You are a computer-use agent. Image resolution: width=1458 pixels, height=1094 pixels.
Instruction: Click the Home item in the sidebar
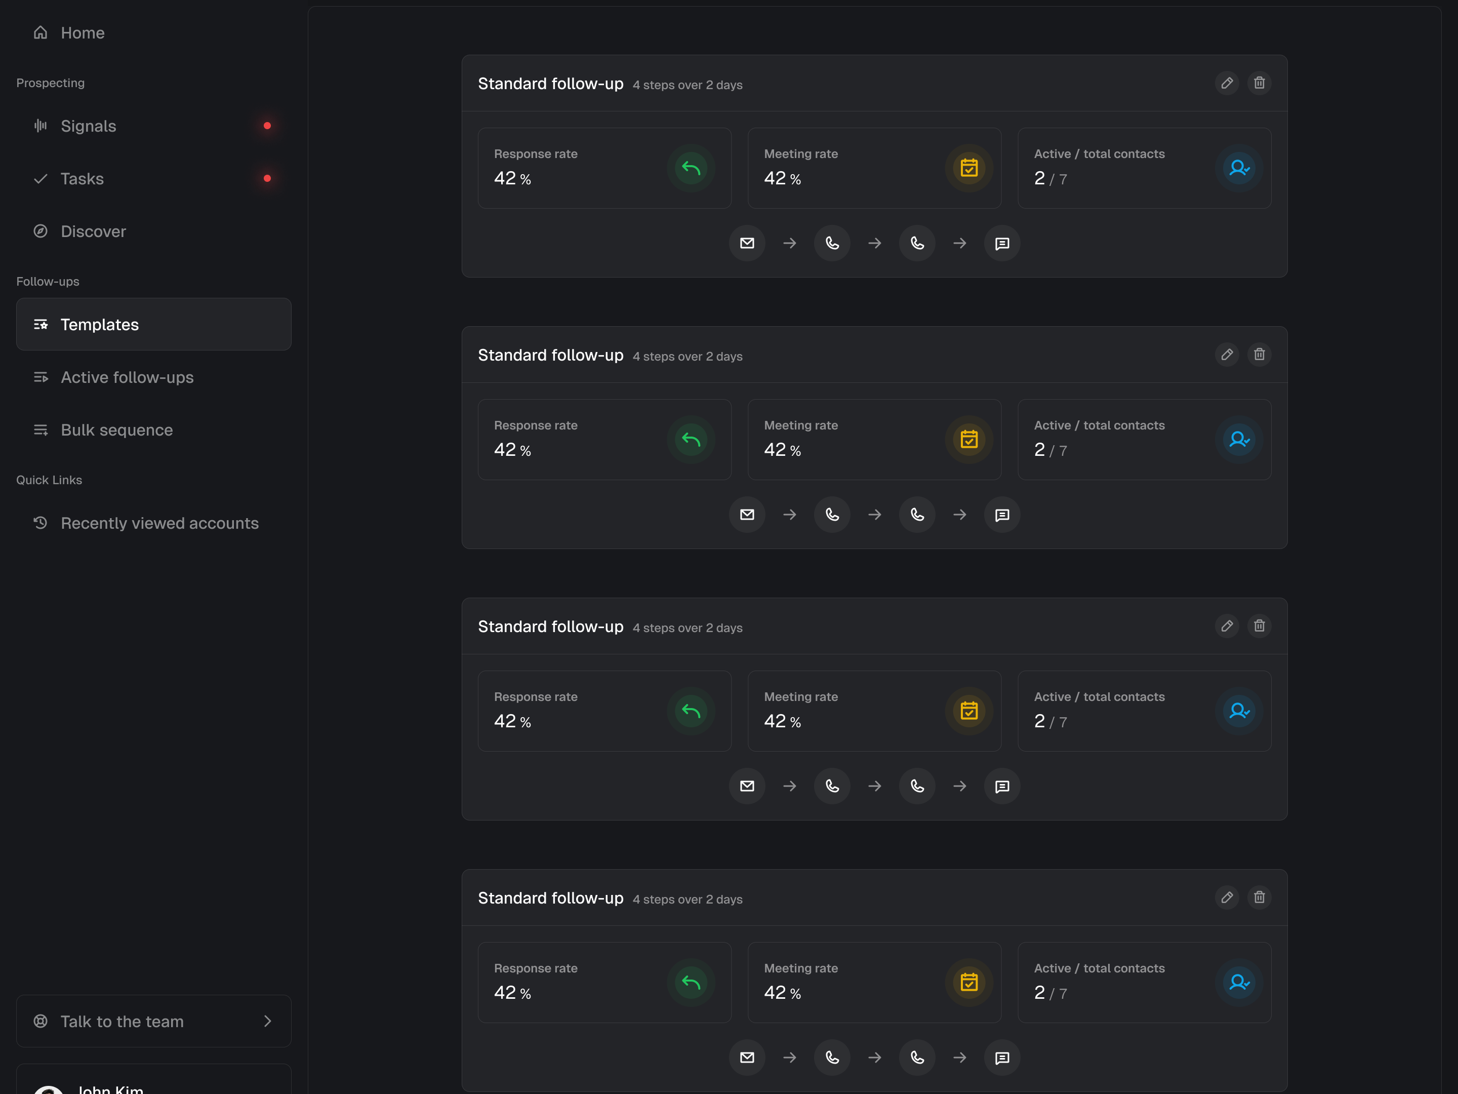pos(82,33)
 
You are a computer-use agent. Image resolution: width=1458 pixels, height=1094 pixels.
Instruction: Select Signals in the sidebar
pos(88,126)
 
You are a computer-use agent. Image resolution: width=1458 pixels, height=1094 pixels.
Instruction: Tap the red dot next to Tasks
pos(267,179)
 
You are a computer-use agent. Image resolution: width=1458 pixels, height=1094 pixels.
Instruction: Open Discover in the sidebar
pos(93,231)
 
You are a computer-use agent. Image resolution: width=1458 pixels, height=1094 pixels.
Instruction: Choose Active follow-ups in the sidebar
pos(127,377)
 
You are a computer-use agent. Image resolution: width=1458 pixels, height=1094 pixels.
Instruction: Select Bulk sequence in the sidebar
pos(116,430)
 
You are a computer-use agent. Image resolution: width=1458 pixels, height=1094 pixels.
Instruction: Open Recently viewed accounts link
pos(159,523)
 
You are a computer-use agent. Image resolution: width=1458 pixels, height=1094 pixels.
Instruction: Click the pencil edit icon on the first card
pos(1227,83)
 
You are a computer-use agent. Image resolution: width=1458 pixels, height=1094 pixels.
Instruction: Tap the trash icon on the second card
pos(1259,355)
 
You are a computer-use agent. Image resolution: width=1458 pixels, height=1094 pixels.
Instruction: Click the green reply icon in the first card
pos(691,168)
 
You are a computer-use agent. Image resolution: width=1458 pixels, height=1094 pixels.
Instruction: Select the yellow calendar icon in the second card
pos(968,440)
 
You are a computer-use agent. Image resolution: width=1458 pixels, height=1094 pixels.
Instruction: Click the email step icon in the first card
pos(747,243)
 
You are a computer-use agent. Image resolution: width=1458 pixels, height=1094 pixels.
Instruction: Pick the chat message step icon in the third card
pos(1002,786)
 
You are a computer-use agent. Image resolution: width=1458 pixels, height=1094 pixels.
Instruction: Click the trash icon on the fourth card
pos(1259,897)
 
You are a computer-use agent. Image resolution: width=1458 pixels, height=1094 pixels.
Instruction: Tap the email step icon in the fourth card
pos(747,1058)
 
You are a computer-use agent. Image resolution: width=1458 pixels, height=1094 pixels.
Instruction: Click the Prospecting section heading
pos(51,83)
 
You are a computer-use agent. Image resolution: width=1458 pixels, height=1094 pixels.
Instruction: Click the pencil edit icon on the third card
pos(1227,626)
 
